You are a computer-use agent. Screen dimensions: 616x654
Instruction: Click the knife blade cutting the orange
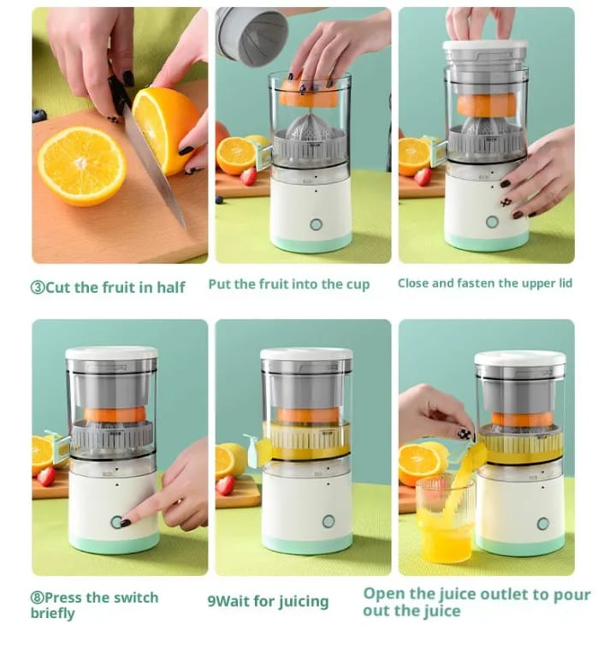(x=153, y=167)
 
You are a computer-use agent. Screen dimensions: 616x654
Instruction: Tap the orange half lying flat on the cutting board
(x=81, y=166)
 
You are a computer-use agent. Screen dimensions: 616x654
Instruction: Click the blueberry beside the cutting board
(x=38, y=115)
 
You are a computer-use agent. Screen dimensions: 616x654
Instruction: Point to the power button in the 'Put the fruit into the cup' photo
(x=316, y=225)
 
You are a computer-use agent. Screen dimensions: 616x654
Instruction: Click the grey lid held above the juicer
(x=252, y=37)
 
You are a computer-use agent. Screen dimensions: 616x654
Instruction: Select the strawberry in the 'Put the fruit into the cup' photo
(x=249, y=176)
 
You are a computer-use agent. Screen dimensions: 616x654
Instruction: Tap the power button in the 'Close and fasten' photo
(x=492, y=222)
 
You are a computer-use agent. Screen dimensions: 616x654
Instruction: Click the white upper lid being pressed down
(x=485, y=45)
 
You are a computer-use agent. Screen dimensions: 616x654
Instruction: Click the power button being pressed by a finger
(x=116, y=522)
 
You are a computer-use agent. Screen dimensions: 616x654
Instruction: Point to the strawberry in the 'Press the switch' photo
(x=46, y=476)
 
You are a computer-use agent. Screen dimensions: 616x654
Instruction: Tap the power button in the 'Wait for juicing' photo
(x=329, y=521)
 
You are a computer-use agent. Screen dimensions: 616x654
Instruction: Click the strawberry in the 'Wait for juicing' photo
(x=226, y=485)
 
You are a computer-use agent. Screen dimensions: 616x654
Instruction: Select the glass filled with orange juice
(x=445, y=520)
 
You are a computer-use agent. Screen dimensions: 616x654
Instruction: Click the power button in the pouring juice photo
(x=542, y=523)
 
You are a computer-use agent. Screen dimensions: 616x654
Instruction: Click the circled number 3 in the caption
(x=38, y=288)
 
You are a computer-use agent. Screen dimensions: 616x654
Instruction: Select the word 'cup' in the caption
(x=358, y=285)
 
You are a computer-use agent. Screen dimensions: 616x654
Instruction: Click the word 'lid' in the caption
(x=566, y=282)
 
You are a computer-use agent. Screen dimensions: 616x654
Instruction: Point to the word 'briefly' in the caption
(x=52, y=614)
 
